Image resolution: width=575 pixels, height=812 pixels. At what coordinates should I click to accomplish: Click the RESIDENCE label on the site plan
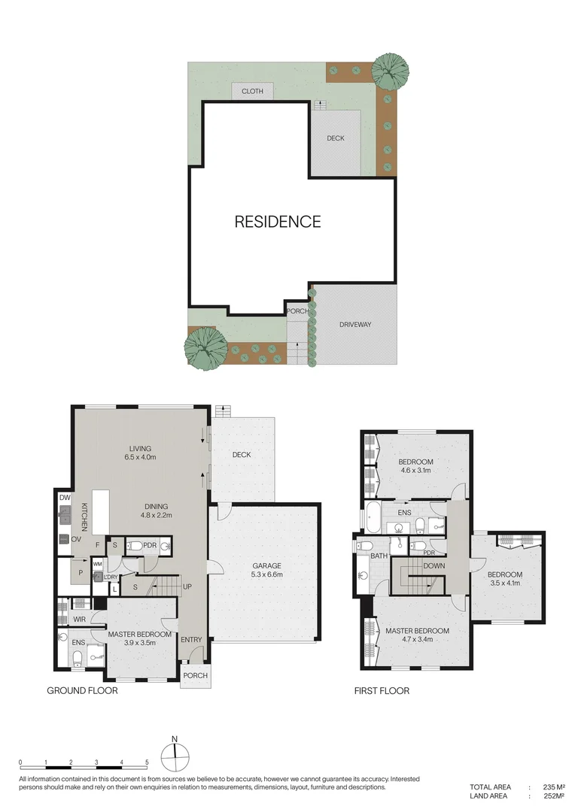point(278,222)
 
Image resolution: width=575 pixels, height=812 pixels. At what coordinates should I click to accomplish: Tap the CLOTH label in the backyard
point(252,92)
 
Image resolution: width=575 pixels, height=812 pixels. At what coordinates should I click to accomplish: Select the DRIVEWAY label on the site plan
point(354,325)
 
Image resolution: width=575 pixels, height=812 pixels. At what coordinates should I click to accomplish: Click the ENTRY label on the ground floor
point(191,640)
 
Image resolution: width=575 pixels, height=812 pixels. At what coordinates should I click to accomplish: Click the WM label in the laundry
point(97,562)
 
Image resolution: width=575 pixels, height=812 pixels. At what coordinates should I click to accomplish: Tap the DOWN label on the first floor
point(434,566)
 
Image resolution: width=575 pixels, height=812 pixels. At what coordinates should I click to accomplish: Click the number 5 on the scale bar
point(148,762)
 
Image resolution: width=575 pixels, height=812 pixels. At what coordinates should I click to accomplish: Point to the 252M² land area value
point(554,796)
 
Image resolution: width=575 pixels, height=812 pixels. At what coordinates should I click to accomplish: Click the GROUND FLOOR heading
point(82,690)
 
